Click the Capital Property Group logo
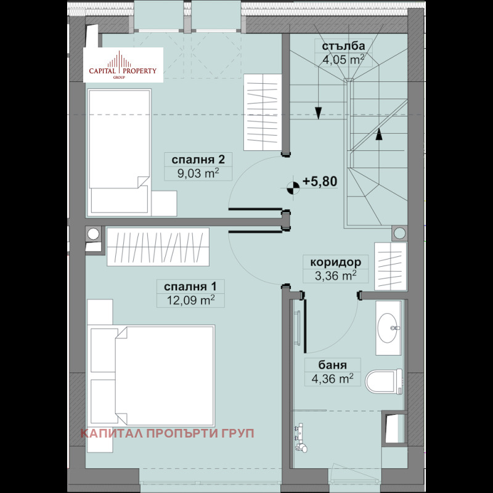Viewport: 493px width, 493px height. click(123, 65)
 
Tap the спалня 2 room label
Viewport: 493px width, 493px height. click(198, 160)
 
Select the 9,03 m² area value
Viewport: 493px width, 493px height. click(198, 173)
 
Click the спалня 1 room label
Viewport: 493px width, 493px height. click(190, 287)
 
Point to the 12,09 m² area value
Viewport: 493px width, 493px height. click(190, 300)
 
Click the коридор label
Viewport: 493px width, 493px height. click(335, 262)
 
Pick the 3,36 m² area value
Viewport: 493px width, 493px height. click(335, 275)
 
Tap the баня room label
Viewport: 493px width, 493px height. click(333, 365)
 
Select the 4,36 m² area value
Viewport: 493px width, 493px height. click(333, 379)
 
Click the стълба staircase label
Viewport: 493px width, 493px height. click(343, 46)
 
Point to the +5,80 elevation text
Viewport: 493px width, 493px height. click(320, 181)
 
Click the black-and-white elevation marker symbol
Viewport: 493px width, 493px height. click(294, 188)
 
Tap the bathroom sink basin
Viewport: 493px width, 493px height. click(388, 328)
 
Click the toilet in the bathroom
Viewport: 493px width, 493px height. click(383, 381)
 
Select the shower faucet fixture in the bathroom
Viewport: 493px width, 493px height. click(300, 438)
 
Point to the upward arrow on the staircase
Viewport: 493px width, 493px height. click(379, 134)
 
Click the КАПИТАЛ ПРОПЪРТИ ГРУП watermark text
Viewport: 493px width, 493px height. click(167, 434)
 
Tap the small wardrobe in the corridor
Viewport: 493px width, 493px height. click(391, 266)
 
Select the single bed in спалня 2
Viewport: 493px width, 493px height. click(119, 152)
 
